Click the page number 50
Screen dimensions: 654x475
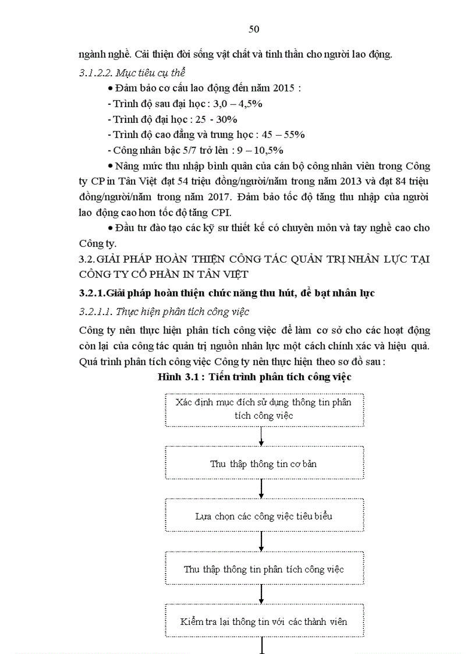254,30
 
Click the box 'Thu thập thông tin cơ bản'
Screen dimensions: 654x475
263,464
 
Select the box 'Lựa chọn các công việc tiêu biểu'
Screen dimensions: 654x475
263,516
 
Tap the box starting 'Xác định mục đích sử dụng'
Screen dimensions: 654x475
263,409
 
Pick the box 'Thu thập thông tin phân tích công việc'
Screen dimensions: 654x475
263,569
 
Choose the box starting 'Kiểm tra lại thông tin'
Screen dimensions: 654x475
263,621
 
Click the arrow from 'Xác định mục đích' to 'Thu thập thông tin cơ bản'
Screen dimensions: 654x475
262,436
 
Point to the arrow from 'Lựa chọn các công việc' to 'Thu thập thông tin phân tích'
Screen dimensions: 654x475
262,542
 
